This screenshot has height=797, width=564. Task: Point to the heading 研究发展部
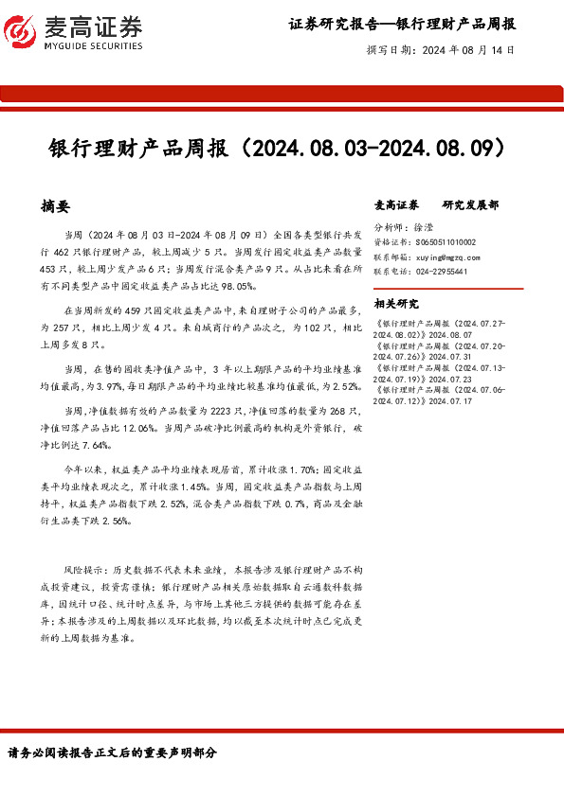coord(470,204)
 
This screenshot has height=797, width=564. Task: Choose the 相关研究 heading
coord(396,304)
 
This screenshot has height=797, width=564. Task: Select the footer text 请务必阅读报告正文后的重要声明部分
coord(112,753)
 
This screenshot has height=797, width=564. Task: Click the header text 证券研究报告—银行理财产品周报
coord(402,25)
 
